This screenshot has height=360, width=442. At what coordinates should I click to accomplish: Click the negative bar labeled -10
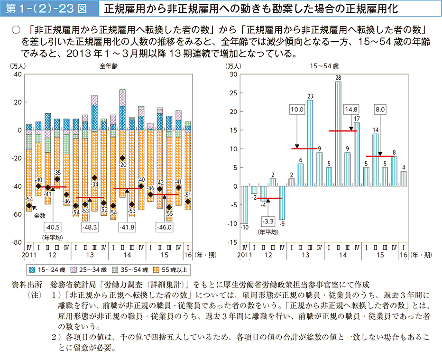pos(245,204)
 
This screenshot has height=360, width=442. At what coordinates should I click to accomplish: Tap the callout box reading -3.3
pos(268,222)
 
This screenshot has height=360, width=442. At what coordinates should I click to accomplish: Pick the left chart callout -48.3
pos(90,228)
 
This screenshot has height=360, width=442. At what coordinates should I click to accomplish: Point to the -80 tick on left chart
pos(17,242)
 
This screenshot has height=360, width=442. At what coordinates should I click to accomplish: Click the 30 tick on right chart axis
pos(232,74)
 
